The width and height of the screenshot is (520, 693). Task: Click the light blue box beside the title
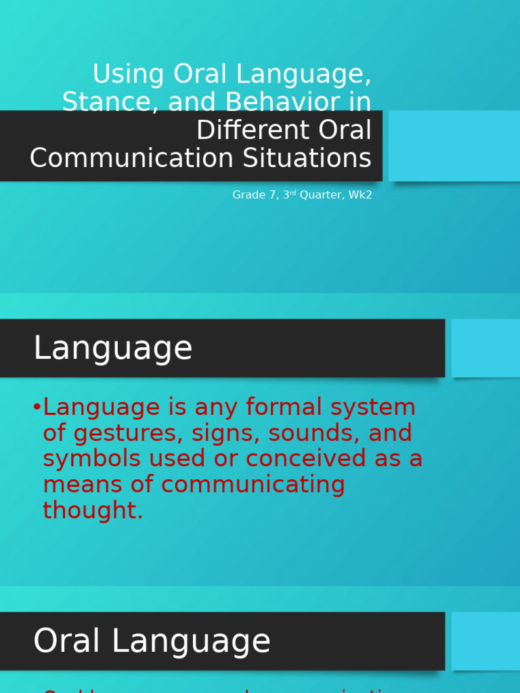pyautogui.click(x=454, y=146)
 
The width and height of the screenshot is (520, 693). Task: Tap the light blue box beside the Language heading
pyautogui.click(x=485, y=348)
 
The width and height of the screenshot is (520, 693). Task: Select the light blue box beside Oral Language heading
pyautogui.click(x=485, y=641)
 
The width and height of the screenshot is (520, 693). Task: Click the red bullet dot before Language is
pyautogui.click(x=37, y=407)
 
